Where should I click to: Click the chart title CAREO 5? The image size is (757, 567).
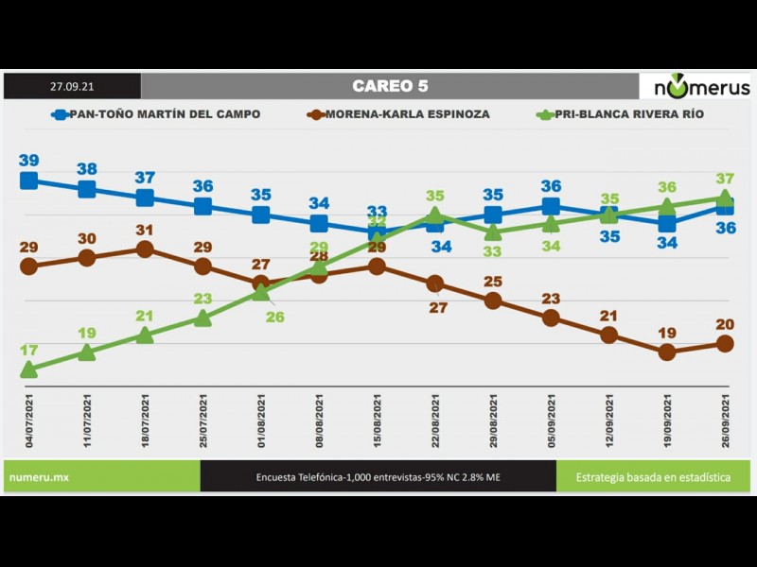click(x=390, y=86)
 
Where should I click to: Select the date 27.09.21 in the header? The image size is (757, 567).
click(x=72, y=86)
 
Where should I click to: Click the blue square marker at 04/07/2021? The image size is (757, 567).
click(x=29, y=180)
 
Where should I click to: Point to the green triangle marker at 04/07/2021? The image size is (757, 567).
click(x=29, y=369)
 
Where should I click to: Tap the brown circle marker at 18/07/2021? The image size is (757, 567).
click(x=145, y=249)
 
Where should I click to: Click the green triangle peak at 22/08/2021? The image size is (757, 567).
click(x=434, y=215)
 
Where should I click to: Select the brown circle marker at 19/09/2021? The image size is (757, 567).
click(x=667, y=352)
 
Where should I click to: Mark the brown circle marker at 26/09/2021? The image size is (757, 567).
click(x=725, y=343)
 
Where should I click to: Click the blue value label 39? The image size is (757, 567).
click(x=29, y=160)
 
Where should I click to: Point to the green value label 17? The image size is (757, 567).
click(x=29, y=350)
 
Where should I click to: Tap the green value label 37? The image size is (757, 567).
click(x=725, y=179)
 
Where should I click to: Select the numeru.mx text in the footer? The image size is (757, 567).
click(x=39, y=477)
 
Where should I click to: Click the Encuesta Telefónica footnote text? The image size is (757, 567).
click(x=378, y=477)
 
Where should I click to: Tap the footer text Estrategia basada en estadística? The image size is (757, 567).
click(x=653, y=477)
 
